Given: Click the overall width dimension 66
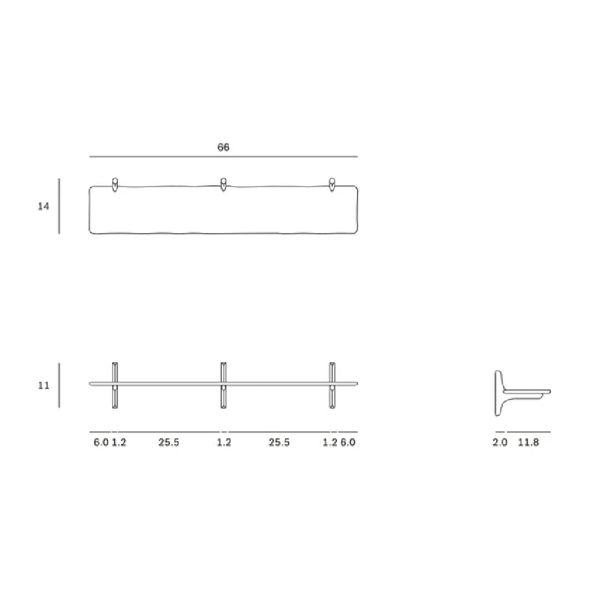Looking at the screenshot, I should click(x=223, y=147).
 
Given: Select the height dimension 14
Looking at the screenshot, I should click(x=44, y=206).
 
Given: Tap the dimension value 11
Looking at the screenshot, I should click(x=44, y=385).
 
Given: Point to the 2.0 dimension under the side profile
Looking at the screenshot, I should click(x=500, y=442).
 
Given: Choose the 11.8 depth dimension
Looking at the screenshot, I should click(x=528, y=442).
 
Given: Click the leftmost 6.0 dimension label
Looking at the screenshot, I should click(x=101, y=442).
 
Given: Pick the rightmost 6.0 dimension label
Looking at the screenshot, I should click(x=348, y=442).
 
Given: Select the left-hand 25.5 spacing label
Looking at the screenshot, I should click(x=169, y=442).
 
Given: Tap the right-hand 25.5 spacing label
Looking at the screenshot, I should click(x=279, y=442).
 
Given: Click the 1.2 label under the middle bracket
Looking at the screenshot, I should click(x=224, y=442).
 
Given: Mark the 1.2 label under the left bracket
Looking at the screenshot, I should click(x=119, y=442).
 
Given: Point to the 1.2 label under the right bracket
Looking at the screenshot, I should click(x=329, y=442).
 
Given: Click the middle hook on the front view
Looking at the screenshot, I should click(x=223, y=183).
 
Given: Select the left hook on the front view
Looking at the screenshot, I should click(x=114, y=183).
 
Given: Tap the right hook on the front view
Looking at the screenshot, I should click(x=332, y=183).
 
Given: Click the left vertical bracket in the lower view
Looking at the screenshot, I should click(x=114, y=385).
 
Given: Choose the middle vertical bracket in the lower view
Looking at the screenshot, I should click(x=224, y=385).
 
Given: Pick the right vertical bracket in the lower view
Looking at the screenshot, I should click(x=332, y=385).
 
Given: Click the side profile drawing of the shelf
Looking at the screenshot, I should click(x=519, y=392).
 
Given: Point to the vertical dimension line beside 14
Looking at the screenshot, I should click(x=59, y=206).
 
